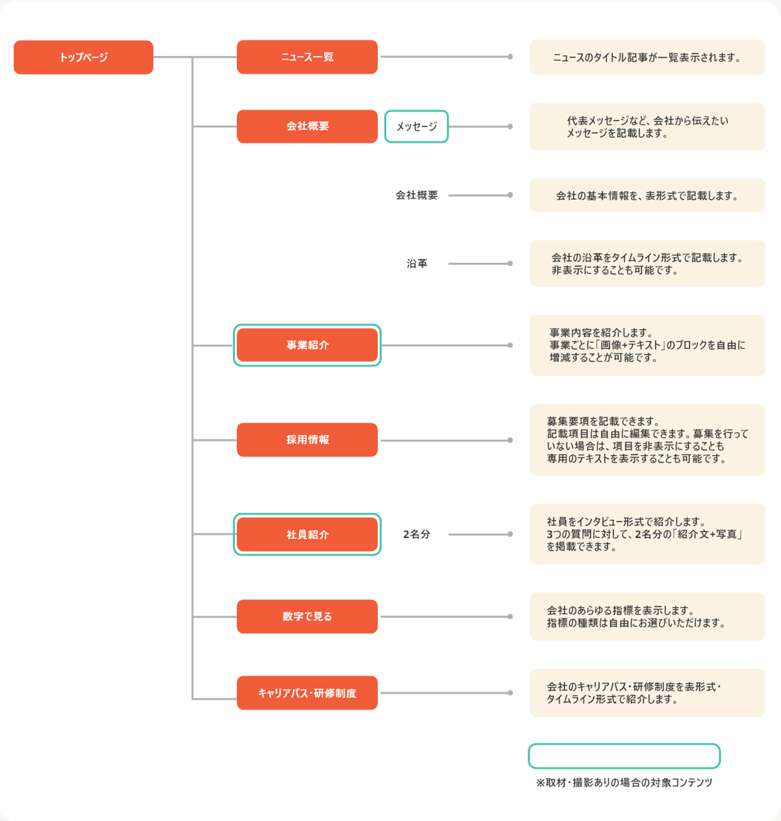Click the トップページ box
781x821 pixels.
click(x=83, y=57)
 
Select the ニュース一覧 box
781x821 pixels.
click(x=307, y=57)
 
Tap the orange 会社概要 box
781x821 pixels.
click(x=307, y=127)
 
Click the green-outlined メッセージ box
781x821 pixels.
click(x=416, y=127)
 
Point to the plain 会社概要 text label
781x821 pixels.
click(x=417, y=195)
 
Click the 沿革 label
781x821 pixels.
click(x=417, y=263)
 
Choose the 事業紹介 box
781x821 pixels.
click(x=307, y=345)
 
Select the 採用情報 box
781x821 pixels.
click(x=307, y=440)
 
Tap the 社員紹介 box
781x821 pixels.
click(x=307, y=534)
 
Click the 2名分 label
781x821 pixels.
click(x=416, y=534)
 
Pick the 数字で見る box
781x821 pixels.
click(x=307, y=616)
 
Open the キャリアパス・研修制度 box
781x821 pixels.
click(x=307, y=693)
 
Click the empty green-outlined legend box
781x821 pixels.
click(x=624, y=744)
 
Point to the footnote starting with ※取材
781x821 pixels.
click(x=624, y=783)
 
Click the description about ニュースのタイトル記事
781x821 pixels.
click(x=647, y=57)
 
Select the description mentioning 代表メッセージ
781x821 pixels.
click(x=647, y=127)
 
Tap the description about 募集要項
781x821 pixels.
click(x=647, y=440)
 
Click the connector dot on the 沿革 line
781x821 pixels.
click(x=510, y=263)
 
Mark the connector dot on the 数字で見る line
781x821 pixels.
click(x=510, y=617)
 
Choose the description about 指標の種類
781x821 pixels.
click(x=647, y=617)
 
